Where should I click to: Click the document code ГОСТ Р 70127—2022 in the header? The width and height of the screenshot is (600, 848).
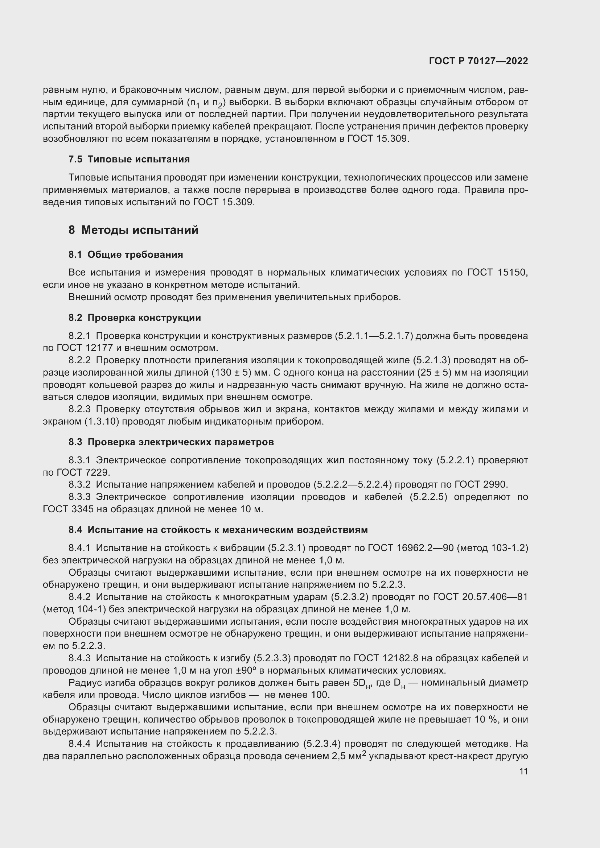(x=478, y=61)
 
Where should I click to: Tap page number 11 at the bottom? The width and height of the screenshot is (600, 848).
(x=523, y=772)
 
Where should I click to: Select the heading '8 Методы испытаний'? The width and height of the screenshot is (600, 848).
(x=133, y=230)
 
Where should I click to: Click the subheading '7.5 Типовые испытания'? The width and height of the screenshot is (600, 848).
(x=129, y=159)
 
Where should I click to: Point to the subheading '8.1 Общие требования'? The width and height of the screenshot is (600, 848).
(x=126, y=255)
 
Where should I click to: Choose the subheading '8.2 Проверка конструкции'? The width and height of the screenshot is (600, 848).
(x=135, y=318)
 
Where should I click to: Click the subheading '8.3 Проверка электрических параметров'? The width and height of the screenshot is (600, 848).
(x=171, y=442)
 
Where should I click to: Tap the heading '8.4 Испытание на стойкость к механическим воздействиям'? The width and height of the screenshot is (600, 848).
(x=218, y=530)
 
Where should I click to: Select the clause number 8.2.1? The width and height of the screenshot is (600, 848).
(x=79, y=336)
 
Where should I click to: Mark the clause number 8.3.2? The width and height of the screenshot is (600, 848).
(x=79, y=485)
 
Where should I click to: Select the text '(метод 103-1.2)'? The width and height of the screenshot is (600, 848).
(x=492, y=548)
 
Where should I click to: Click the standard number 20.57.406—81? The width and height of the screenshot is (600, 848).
(x=495, y=597)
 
